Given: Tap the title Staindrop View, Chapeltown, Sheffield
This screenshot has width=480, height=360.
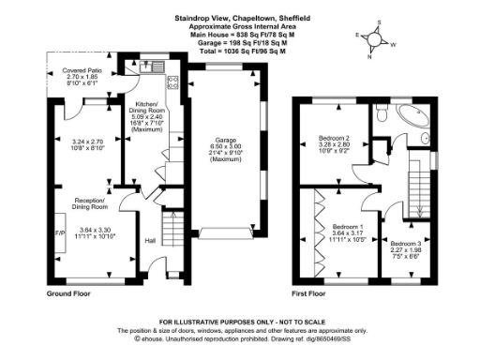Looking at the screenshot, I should click(x=230, y=18).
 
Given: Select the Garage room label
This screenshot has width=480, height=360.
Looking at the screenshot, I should click(x=224, y=142).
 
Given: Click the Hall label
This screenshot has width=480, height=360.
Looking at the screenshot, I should click(x=149, y=240).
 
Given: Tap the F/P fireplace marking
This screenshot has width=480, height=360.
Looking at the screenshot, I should click(x=58, y=232).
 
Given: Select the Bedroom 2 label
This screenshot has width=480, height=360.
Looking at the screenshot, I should click(x=335, y=138).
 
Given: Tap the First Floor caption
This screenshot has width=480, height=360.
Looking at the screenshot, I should click(x=312, y=293).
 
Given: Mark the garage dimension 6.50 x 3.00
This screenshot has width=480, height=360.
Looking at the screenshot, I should click(x=224, y=149).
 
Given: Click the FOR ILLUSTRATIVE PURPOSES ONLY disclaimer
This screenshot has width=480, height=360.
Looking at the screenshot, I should click(x=230, y=321).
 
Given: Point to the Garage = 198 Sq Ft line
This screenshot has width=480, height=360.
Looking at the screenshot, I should click(x=230, y=42).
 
